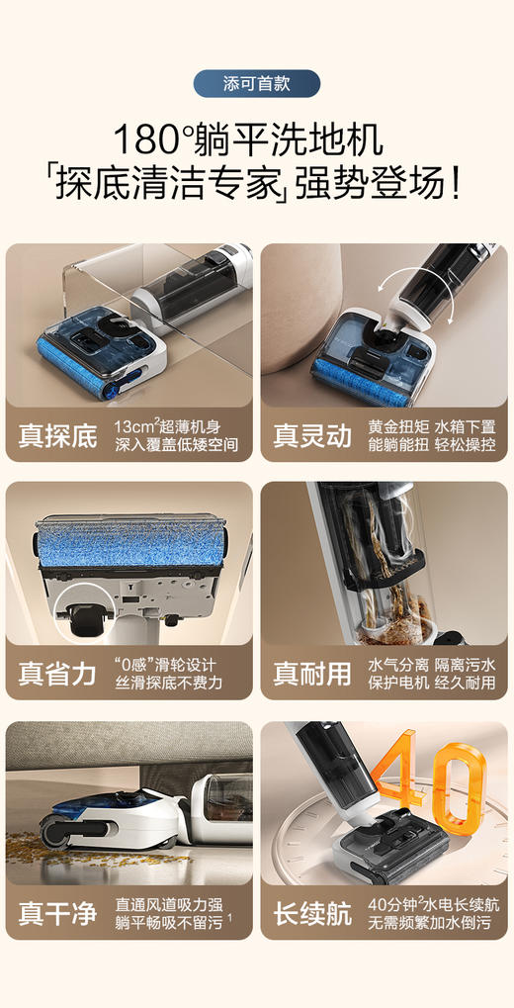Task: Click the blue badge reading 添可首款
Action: tap(256, 83)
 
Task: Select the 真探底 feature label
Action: tap(58, 436)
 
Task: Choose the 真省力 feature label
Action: tap(58, 674)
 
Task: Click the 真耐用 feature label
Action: tap(313, 674)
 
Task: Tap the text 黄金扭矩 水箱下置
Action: tap(432, 425)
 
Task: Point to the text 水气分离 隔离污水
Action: tap(432, 664)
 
